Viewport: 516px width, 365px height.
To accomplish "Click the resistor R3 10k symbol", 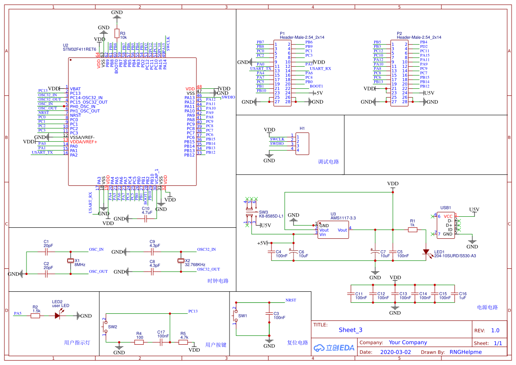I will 117,33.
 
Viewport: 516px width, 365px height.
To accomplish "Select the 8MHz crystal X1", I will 70,261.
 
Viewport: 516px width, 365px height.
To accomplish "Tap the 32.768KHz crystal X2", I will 180,261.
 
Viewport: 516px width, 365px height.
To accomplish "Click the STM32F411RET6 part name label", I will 79,49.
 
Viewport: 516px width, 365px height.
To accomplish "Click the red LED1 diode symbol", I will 426,252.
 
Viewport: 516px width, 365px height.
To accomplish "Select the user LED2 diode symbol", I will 57,316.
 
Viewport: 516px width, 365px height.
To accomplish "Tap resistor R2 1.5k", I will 36,316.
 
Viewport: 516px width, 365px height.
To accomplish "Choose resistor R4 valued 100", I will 139,342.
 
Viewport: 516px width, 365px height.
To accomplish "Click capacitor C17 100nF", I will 161,342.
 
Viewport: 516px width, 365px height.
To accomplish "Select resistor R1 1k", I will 412,230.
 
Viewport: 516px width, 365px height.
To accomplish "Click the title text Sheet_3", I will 350,330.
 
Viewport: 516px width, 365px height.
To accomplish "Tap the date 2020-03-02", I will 395,352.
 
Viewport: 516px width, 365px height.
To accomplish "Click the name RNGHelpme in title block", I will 466,352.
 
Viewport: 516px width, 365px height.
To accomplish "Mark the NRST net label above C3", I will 291,300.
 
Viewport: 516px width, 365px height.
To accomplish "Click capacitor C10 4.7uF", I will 146,218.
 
